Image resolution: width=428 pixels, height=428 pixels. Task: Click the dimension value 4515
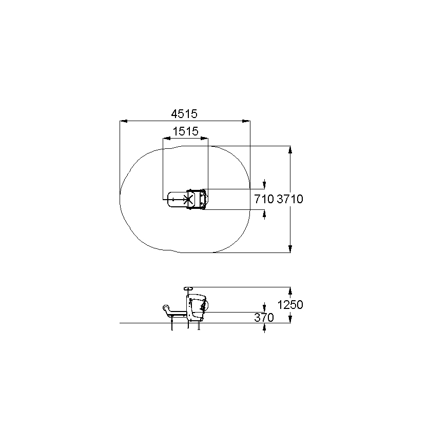pyautogui.click(x=184, y=114)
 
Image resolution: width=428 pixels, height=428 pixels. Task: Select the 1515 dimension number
pyautogui.click(x=186, y=131)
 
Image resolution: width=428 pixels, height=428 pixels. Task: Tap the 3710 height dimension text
pyautogui.click(x=290, y=199)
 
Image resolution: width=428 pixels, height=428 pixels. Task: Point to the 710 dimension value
pyautogui.click(x=264, y=199)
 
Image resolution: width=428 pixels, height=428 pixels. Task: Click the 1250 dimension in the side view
pyautogui.click(x=290, y=305)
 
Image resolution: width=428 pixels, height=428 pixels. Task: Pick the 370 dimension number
pyautogui.click(x=264, y=318)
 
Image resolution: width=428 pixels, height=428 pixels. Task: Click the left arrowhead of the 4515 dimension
pyautogui.click(x=124, y=121)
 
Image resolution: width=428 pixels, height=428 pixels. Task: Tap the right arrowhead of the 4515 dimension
pyautogui.click(x=246, y=121)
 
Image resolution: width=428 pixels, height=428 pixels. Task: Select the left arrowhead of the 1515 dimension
pyautogui.click(x=167, y=139)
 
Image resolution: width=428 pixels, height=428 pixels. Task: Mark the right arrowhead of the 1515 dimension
pyautogui.click(x=204, y=139)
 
